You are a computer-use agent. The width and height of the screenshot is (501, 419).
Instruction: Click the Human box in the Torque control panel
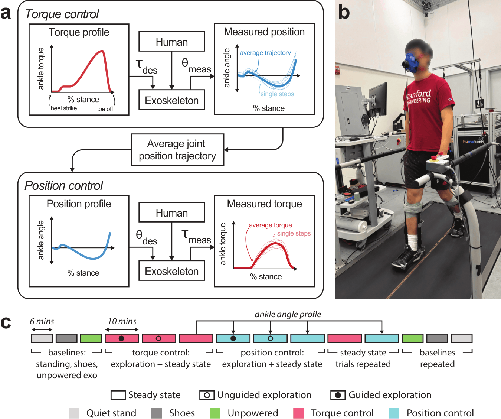tap(171, 41)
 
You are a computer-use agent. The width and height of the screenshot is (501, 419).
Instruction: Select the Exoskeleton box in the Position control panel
tap(171, 271)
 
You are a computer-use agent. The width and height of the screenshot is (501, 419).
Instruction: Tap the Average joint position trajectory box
tap(177, 150)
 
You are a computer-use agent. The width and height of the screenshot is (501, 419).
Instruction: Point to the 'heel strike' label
tap(64, 108)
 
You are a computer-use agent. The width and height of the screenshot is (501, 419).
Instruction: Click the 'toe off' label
tap(105, 109)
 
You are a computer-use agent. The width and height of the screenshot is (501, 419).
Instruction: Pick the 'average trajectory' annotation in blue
tap(265, 53)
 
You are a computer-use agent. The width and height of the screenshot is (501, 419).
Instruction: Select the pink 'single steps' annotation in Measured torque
tap(294, 233)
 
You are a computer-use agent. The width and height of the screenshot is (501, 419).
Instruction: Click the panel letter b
tap(344, 12)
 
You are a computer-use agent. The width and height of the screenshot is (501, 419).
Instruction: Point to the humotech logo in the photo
tap(473, 142)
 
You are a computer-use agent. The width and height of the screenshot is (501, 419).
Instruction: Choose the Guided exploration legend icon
tap(338, 395)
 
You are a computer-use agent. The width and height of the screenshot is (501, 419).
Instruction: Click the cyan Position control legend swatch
tap(394, 413)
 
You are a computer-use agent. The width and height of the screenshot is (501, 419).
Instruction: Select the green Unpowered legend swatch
tap(215, 413)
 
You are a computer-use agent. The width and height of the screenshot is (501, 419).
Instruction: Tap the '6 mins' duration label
tap(42, 321)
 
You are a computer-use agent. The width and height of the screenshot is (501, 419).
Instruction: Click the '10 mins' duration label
tap(122, 321)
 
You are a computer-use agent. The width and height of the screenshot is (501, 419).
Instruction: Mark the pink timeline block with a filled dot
tap(122, 338)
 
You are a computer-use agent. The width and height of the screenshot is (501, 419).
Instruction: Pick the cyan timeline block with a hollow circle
tap(270, 338)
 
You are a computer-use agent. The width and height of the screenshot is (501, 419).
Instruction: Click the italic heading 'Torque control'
tap(62, 14)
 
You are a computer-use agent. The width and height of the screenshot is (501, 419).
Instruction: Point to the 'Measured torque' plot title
tap(264, 204)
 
